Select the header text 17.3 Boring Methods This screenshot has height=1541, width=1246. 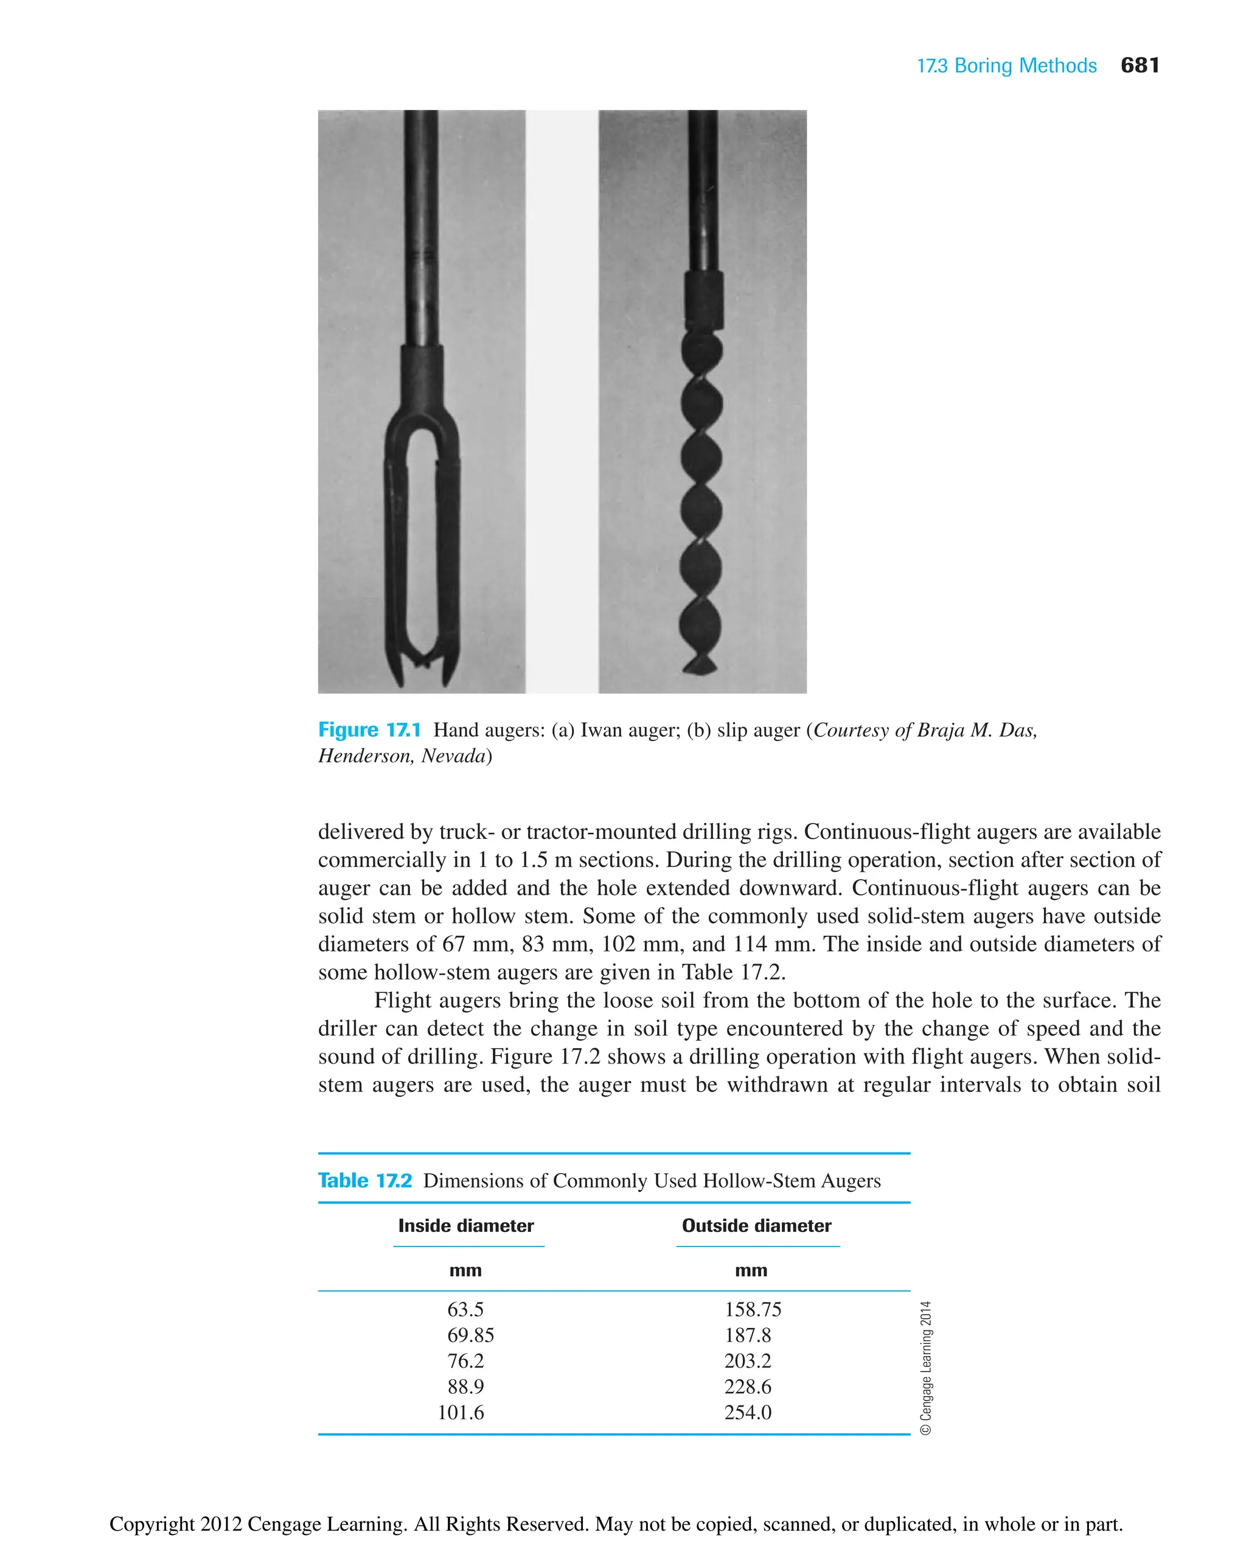pos(1006,66)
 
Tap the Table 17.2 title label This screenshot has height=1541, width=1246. pos(364,1181)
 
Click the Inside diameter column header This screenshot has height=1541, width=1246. pos(466,1226)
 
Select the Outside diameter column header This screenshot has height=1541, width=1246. pos(756,1226)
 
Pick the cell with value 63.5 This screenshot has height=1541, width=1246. pos(465,1310)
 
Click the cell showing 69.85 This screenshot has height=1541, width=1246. pos(470,1336)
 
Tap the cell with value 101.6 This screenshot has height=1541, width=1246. pos(461,1413)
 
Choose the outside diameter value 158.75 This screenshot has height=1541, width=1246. pos(752,1310)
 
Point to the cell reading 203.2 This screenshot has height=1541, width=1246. pos(747,1361)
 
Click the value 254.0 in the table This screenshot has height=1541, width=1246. pos(747,1413)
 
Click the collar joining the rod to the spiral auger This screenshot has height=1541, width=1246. pos(703,299)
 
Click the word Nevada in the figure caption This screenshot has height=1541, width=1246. pos(452,756)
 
